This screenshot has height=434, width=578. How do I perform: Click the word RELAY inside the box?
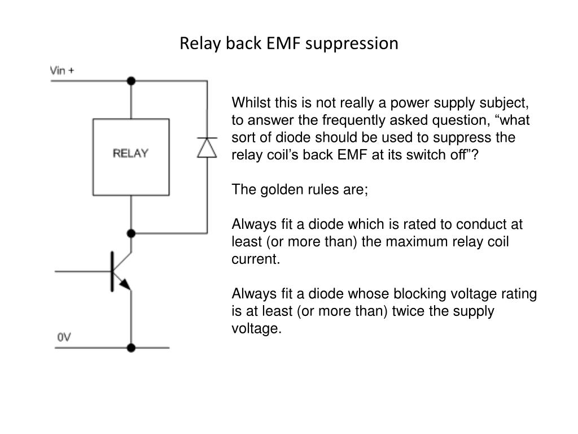coord(130,153)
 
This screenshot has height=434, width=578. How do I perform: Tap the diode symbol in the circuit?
coord(207,147)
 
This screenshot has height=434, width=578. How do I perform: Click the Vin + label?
coord(62,70)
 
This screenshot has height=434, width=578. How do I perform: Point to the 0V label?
coord(64,337)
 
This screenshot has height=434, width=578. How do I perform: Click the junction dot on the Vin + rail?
coord(131,81)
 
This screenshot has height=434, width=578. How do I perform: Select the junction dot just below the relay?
coord(131,233)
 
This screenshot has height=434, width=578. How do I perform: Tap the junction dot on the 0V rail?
coord(131,348)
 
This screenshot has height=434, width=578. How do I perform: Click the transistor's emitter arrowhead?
coord(125,284)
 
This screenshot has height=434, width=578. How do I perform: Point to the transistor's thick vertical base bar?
coord(112,272)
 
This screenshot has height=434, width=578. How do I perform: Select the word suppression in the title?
coord(352,44)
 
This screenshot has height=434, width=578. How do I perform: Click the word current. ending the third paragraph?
coord(256,259)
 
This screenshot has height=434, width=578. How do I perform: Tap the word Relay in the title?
coord(200,44)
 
